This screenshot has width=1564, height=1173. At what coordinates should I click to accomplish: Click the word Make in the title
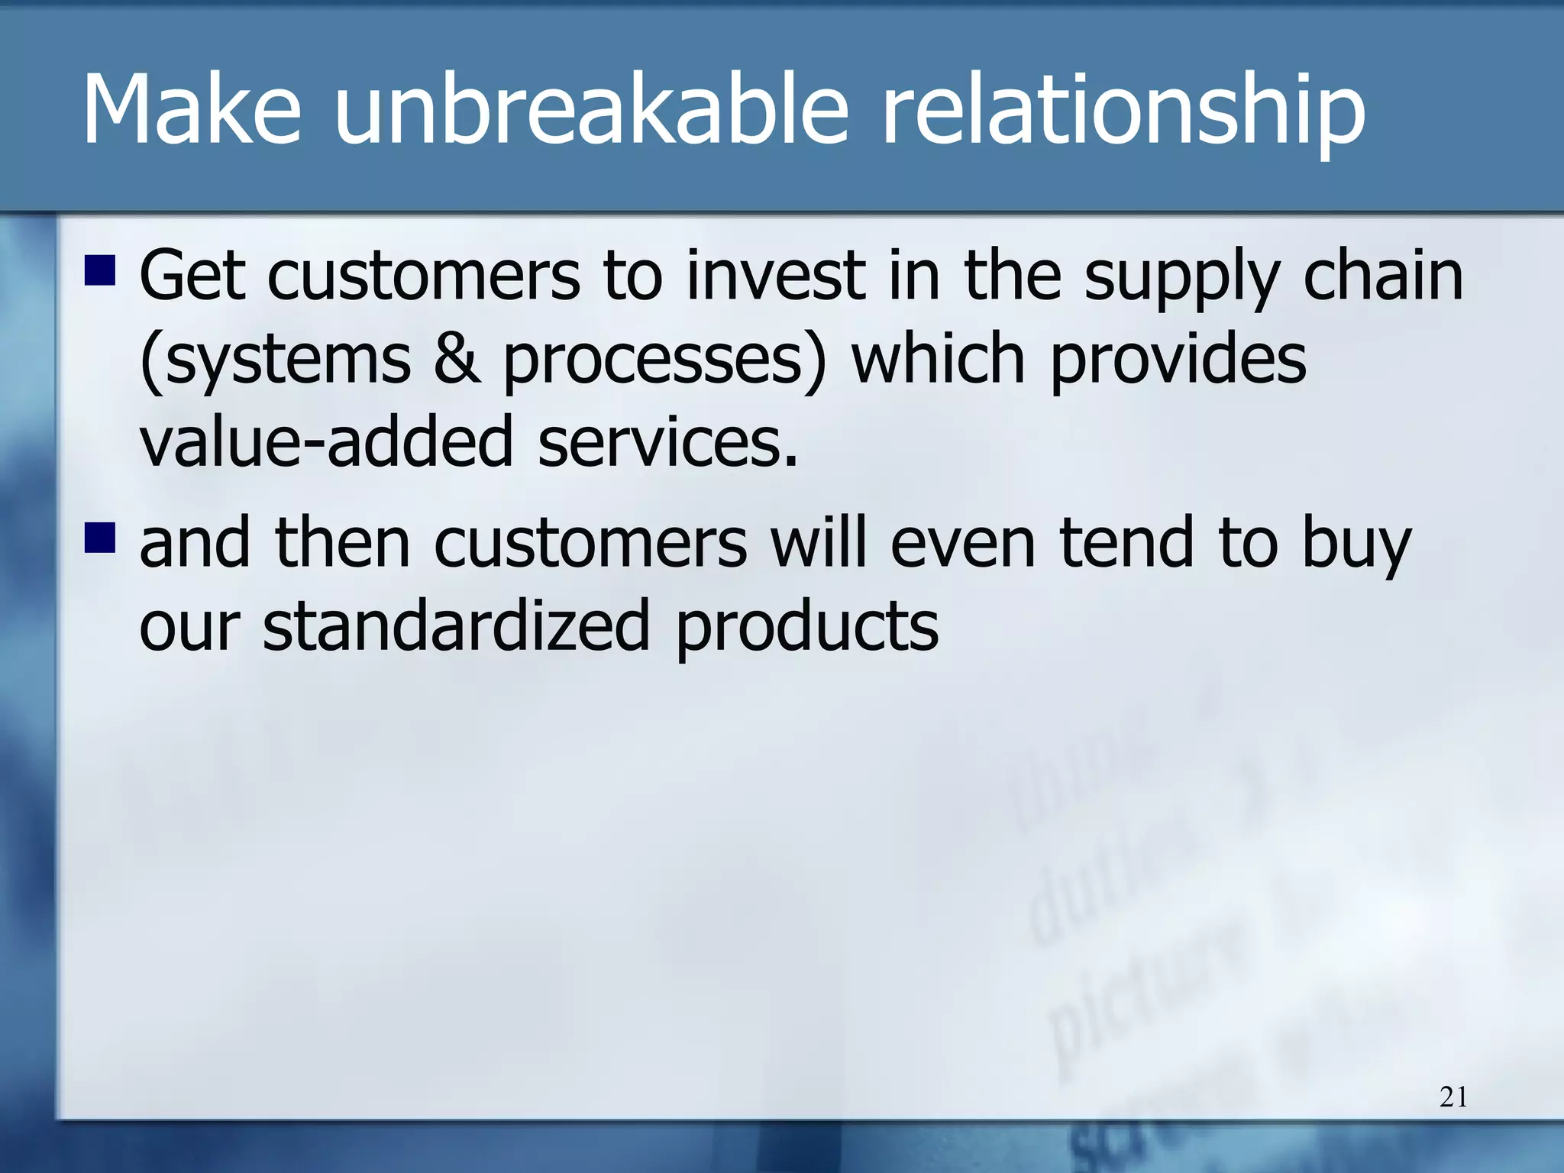pyautogui.click(x=191, y=111)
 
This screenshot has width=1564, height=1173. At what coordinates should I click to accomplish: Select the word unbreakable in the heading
pyautogui.click(x=590, y=111)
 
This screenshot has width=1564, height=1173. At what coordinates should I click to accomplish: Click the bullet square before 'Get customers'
pyautogui.click(x=99, y=272)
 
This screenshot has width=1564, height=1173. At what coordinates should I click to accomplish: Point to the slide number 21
pyautogui.click(x=1453, y=1097)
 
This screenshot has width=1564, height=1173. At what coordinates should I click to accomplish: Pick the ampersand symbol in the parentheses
pyautogui.click(x=457, y=359)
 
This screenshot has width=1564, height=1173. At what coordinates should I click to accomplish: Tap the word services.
pyautogui.click(x=667, y=443)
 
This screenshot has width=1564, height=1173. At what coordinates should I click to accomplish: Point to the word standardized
pyautogui.click(x=455, y=626)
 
